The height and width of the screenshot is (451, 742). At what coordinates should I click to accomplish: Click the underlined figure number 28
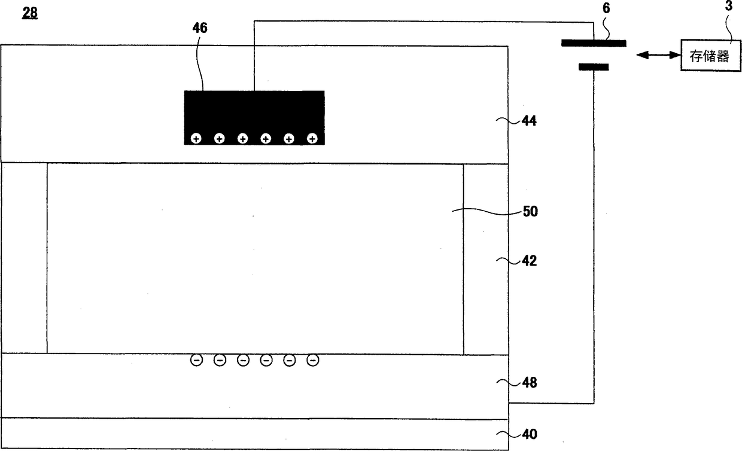coord(30,13)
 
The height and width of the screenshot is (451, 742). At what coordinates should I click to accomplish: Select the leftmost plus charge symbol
coord(196,139)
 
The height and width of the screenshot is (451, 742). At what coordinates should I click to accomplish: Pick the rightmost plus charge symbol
coord(312,139)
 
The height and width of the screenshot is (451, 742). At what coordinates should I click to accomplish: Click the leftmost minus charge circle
coord(196,360)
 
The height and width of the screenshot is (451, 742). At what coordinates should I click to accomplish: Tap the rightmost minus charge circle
coord(312,360)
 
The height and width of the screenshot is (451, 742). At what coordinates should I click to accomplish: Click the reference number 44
coord(529,121)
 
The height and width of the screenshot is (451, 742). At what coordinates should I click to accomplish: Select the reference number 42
coord(529,261)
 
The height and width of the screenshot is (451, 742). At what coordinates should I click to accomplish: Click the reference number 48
coord(529,382)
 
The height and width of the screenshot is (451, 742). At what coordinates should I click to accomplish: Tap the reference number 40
coord(529,434)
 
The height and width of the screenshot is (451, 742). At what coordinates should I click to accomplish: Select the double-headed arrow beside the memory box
coord(659,56)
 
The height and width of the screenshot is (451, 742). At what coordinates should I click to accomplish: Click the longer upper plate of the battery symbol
coord(594,43)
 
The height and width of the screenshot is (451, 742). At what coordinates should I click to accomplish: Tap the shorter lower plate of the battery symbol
coord(594,67)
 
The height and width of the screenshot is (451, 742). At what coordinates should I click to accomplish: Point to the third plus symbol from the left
coord(242,139)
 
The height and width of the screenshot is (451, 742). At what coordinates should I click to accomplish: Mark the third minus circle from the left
coord(243,360)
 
